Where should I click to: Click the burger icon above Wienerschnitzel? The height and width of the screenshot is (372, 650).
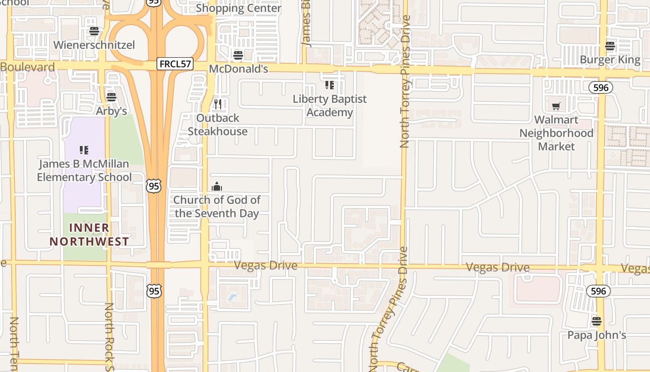coord(94,31)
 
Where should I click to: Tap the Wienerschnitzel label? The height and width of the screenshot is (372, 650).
coord(94,45)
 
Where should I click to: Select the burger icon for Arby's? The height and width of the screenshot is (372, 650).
coord(111,97)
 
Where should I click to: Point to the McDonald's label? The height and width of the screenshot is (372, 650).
coord(239,69)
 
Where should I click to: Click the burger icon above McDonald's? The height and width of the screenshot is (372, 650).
coord(238,55)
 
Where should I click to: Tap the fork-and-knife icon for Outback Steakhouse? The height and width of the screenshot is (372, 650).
coord(218,104)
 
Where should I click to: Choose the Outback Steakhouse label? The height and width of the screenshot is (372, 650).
coord(218,125)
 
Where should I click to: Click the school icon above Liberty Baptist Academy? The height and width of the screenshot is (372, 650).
coord(330,85)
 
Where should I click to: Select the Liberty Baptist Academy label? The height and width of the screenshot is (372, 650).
coord(330,106)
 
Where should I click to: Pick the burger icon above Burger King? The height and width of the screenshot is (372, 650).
coord(610,46)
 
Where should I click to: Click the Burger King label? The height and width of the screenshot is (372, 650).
coord(610,60)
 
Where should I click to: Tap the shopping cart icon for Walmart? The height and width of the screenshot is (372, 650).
coord(556,106)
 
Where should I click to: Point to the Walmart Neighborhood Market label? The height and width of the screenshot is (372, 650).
coord(556,133)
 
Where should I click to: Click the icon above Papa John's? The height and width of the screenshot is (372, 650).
coord(597,321)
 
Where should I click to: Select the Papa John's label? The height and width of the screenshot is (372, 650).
coord(597,335)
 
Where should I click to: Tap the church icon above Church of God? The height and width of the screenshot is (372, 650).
coord(217,187)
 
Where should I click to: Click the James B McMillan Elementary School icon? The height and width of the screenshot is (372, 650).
coord(84,150)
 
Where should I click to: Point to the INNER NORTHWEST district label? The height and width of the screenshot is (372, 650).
coord(89,234)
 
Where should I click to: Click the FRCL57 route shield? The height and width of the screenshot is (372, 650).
coord(175,64)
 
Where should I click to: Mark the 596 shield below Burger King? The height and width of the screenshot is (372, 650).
coord(600,87)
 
